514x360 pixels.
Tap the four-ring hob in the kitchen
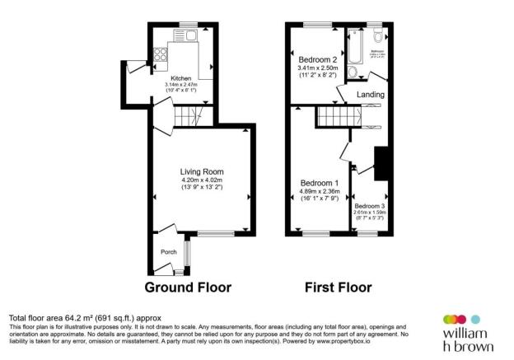tap(160, 57)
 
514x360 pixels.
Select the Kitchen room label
tap(180, 78)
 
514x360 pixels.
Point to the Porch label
tap(168, 252)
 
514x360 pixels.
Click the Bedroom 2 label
tap(316, 59)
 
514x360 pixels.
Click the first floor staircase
tap(339, 117)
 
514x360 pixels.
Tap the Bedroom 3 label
tap(369, 206)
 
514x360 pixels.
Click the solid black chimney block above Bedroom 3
tap(381, 163)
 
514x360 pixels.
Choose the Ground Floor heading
tap(188, 288)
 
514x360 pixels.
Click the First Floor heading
tap(339, 288)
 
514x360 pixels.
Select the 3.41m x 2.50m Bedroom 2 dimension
tap(316, 68)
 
